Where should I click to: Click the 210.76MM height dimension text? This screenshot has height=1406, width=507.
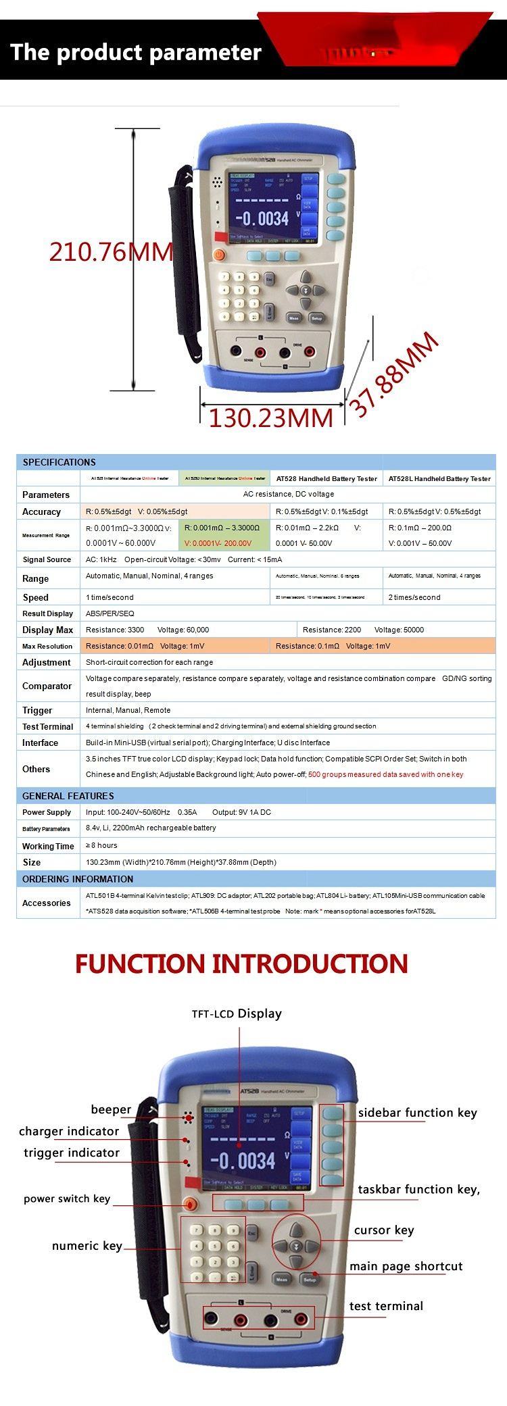(112, 252)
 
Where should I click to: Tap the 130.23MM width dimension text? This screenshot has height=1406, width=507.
(270, 418)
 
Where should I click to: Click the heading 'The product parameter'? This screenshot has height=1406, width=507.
(136, 53)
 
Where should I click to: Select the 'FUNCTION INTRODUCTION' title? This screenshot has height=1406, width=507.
(241, 963)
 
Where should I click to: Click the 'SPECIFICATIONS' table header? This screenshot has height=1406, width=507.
(59, 462)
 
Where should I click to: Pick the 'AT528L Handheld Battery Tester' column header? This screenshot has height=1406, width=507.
(439, 478)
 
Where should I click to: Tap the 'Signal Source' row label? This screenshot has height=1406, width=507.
(47, 559)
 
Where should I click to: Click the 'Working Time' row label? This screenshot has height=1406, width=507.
(48, 846)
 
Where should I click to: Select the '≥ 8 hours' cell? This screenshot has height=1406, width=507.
(101, 845)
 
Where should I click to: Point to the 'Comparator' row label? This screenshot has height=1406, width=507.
(47, 686)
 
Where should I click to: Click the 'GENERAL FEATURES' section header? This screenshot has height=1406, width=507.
(68, 796)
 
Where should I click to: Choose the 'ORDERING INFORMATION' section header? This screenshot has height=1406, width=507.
(78, 879)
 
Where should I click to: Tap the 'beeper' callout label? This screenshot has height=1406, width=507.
(111, 1109)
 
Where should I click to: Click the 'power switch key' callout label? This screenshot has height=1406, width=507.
(67, 1199)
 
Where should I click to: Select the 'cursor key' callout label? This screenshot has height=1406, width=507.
(384, 1230)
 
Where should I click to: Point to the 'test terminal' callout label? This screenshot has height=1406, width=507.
(386, 1306)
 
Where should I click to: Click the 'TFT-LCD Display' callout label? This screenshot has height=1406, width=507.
(237, 1013)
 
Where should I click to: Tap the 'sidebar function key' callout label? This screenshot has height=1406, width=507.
(417, 1112)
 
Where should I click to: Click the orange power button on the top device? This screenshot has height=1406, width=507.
(219, 255)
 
